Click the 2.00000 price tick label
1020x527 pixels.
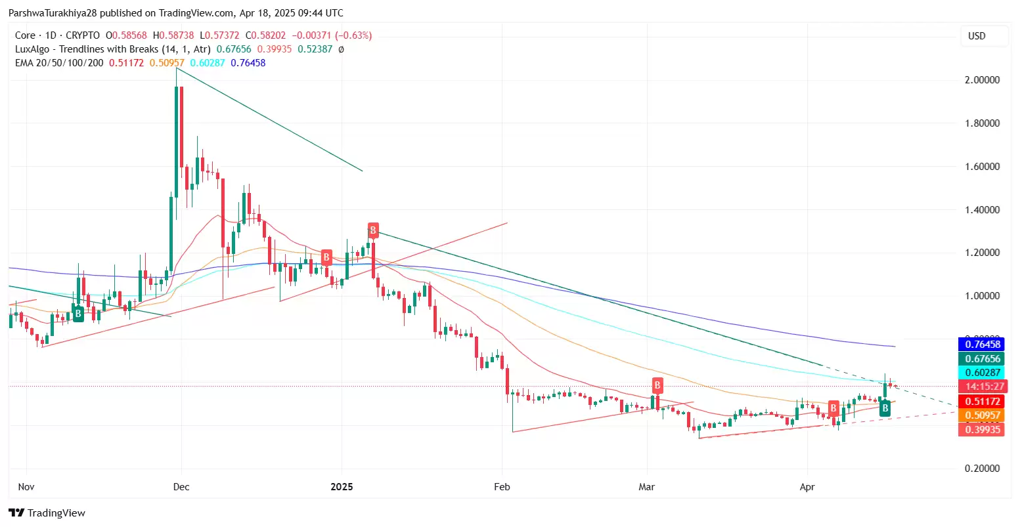pyautogui.click(x=982, y=80)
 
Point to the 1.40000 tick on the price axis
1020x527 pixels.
pyautogui.click(x=982, y=210)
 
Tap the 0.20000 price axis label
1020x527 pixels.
pyautogui.click(x=982, y=469)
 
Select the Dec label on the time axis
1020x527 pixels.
pyautogui.click(x=181, y=487)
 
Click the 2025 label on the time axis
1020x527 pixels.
pyautogui.click(x=342, y=487)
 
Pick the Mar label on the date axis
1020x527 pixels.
pyautogui.click(x=647, y=487)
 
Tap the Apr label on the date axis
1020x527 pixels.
pyautogui.click(x=807, y=487)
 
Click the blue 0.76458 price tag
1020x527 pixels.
pyautogui.click(x=981, y=345)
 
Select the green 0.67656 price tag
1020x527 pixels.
pyautogui.click(x=981, y=359)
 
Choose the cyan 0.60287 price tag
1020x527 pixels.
pyautogui.click(x=981, y=373)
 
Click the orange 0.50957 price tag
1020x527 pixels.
pyautogui.click(x=981, y=415)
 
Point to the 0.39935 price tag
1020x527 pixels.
pyautogui.click(x=981, y=430)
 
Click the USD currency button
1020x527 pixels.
pyautogui.click(x=977, y=36)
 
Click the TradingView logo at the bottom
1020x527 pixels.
pyautogui.click(x=47, y=513)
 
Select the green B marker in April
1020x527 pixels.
pyautogui.click(x=885, y=409)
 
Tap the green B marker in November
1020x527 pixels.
pyautogui.click(x=78, y=314)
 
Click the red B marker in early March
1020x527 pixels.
pyautogui.click(x=657, y=385)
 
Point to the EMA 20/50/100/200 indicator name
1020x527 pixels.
pyautogui.click(x=59, y=63)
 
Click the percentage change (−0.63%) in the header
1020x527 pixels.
pyautogui.click(x=354, y=35)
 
